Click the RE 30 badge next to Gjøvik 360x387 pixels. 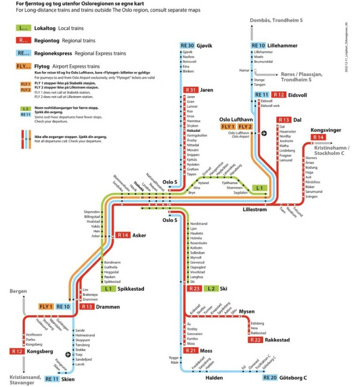click(187, 46)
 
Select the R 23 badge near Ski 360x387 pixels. click(194, 288)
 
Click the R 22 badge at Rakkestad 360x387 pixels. click(256, 340)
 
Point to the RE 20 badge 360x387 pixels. click(270, 378)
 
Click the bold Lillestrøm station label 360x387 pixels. click(255, 210)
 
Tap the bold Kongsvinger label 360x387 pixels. click(326, 130)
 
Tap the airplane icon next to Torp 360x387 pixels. click(68, 354)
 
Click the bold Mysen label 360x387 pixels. click(247, 311)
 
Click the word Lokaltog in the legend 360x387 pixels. click(45, 28)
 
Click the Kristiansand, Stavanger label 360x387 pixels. click(22, 379)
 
